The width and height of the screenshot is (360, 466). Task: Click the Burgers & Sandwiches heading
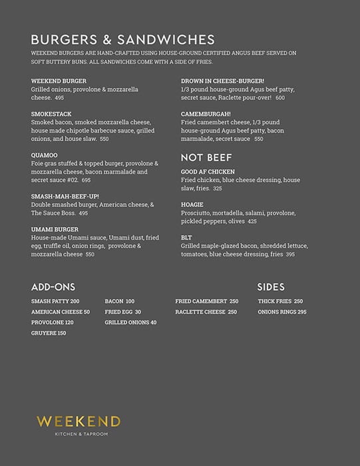pos(122,39)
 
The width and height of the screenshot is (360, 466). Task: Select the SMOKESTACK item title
pos(51,114)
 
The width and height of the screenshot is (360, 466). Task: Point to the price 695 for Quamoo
pos(87,180)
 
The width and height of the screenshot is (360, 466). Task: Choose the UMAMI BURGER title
pos(55,229)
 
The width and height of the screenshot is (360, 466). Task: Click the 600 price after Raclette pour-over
pos(279,98)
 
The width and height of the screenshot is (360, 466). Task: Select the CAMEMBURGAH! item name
pos(206,114)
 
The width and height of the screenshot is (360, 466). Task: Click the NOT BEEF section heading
pos(206,157)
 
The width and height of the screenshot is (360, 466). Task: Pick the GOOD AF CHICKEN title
pos(208,172)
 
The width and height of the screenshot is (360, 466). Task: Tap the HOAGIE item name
pos(192,204)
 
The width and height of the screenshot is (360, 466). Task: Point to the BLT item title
pos(186,237)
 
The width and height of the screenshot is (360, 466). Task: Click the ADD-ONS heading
pos(53,287)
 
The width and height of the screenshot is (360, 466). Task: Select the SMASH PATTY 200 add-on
pos(55,302)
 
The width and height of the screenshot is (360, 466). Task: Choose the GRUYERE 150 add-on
pos(49,333)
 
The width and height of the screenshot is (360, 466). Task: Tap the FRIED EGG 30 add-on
pos(123,312)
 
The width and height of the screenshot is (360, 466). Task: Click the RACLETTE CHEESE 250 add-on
pos(206,312)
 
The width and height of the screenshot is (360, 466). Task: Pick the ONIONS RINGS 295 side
pos(282,312)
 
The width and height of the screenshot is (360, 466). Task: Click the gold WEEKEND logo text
pos(79,421)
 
